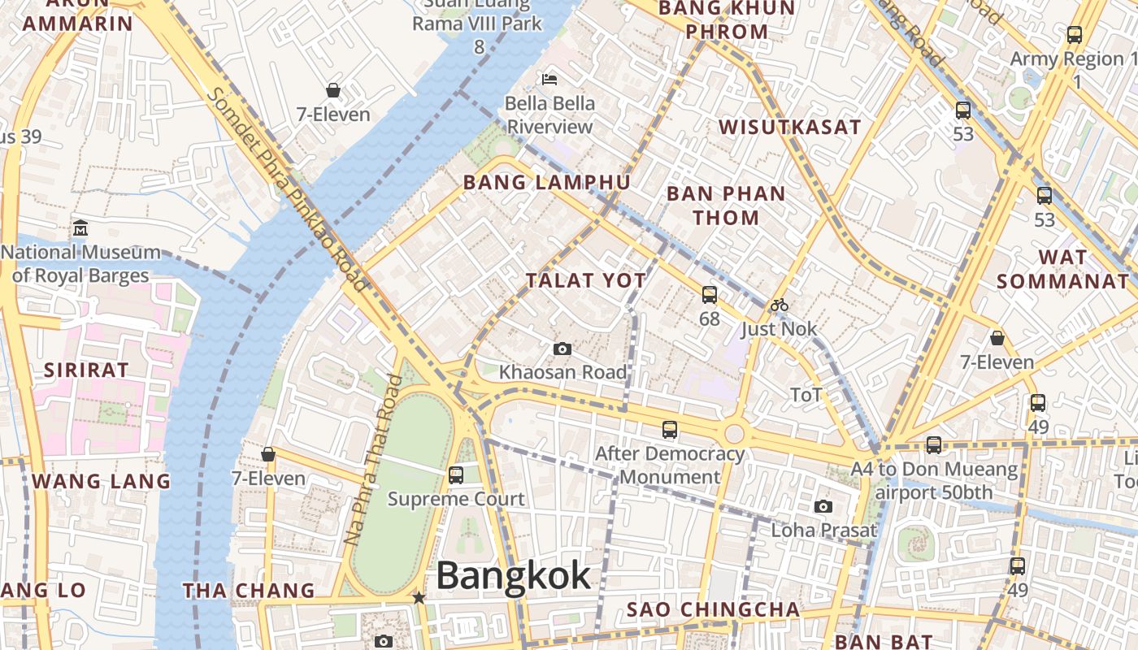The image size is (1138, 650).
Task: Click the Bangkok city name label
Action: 514,575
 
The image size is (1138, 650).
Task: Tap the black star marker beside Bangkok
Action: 419,598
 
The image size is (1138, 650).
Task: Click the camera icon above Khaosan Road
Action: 562,349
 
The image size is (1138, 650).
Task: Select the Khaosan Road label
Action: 563,372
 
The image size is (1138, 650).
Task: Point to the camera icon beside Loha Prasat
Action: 823,507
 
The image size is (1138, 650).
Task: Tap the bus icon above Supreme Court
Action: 456,475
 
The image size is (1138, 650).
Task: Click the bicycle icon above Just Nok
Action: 780,305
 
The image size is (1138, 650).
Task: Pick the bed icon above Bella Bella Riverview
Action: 550,80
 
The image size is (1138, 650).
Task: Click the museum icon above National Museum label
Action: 80,228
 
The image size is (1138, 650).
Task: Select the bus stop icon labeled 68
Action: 710,295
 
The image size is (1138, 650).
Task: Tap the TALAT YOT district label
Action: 586,281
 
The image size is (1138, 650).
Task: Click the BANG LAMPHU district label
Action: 547,182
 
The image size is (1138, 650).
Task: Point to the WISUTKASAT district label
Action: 790,127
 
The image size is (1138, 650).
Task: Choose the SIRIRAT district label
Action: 86,370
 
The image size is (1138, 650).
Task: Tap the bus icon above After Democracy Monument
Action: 670,430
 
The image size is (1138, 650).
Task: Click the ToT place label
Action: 806,395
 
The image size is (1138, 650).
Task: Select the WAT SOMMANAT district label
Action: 1063,269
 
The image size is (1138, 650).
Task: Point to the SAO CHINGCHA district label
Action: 714,609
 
